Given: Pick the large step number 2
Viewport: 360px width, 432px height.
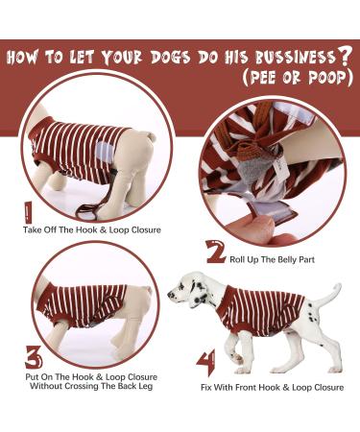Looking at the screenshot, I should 216,253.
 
